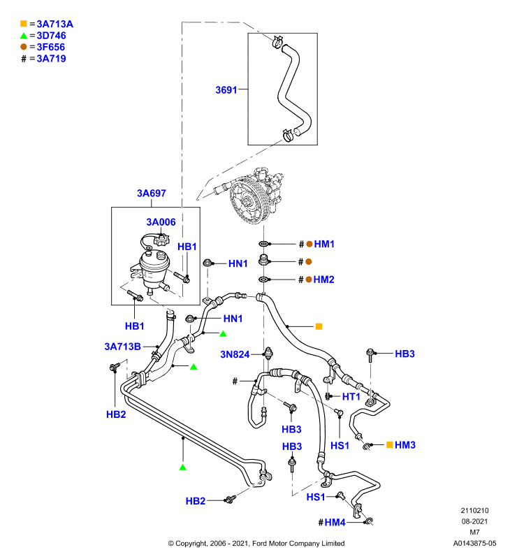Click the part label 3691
coord(226,90)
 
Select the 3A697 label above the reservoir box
coord(152,194)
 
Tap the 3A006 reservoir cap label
coord(161,222)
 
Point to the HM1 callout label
coord(324,244)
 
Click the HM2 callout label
coord(323,279)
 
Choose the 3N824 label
coord(235,354)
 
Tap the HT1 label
coord(351,396)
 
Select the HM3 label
coord(405,445)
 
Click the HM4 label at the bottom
coord(335,522)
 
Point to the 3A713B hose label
coord(122,347)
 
